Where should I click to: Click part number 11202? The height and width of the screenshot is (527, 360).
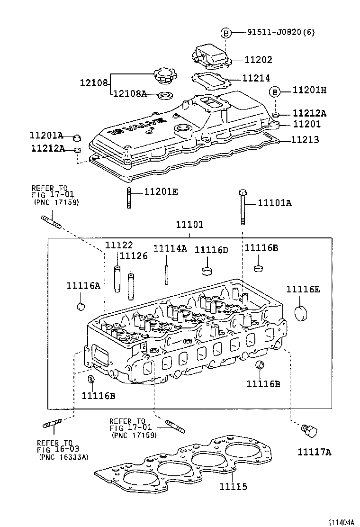tap(259, 60)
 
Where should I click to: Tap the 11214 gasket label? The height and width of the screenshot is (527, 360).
tap(256, 78)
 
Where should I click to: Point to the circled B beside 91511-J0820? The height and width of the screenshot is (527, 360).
tap(226, 33)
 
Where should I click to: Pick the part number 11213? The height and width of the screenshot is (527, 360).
tap(305, 140)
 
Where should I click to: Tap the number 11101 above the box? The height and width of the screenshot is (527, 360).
tap(189, 225)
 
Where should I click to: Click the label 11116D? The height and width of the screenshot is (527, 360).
tap(211, 250)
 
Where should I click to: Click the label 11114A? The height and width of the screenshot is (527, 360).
tap(170, 249)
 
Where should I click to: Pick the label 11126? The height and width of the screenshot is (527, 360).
tap(134, 256)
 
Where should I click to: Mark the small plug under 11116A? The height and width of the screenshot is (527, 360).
tap(81, 306)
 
